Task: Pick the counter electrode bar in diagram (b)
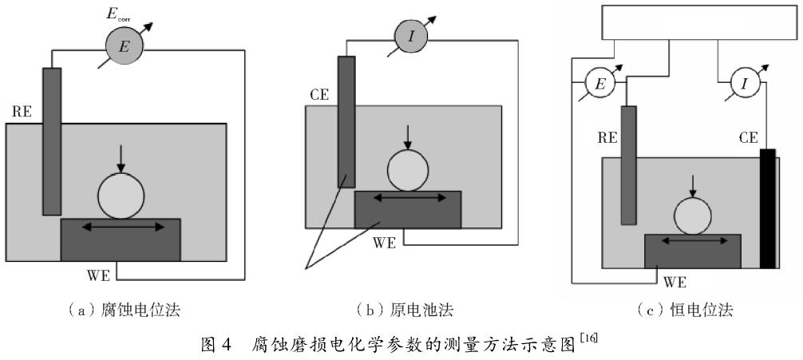(346, 120)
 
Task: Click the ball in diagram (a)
(121, 195)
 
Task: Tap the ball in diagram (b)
(408, 170)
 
